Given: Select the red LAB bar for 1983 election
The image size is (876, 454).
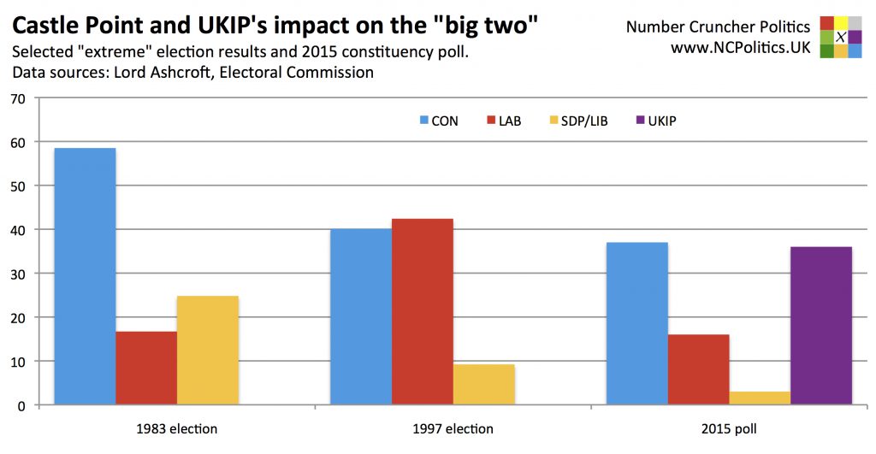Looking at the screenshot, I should [146, 368].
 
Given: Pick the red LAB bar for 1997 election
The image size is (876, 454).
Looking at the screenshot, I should [423, 312].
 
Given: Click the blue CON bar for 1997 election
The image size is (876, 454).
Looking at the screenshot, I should [361, 316].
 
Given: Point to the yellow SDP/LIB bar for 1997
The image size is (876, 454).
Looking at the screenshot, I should [484, 385].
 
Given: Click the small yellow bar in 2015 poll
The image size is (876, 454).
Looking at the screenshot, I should [760, 398].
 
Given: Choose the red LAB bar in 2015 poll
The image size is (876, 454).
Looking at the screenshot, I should [698, 369].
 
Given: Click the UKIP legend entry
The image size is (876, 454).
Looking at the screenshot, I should [655, 121].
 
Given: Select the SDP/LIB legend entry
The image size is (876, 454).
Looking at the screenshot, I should [577, 121].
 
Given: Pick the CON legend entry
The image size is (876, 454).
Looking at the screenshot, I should [438, 121].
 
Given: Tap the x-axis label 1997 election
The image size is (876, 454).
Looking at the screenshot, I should [452, 428].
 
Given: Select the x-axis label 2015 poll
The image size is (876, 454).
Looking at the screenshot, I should [728, 428].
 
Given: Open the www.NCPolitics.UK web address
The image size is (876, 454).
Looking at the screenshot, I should [740, 49].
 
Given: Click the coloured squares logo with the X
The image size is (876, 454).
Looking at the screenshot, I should [840, 37].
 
